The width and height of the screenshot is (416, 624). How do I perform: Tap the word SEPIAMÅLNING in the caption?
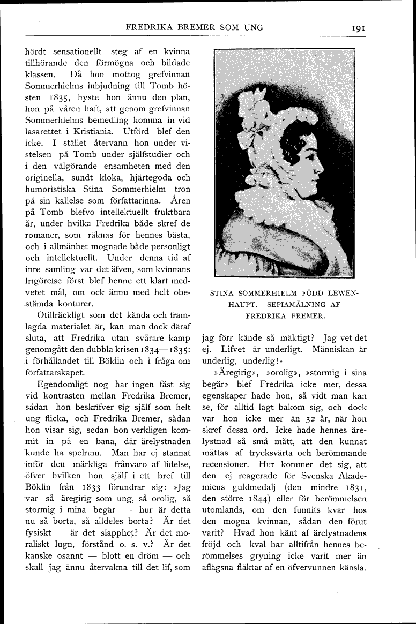pyautogui.click(x=302, y=304)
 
